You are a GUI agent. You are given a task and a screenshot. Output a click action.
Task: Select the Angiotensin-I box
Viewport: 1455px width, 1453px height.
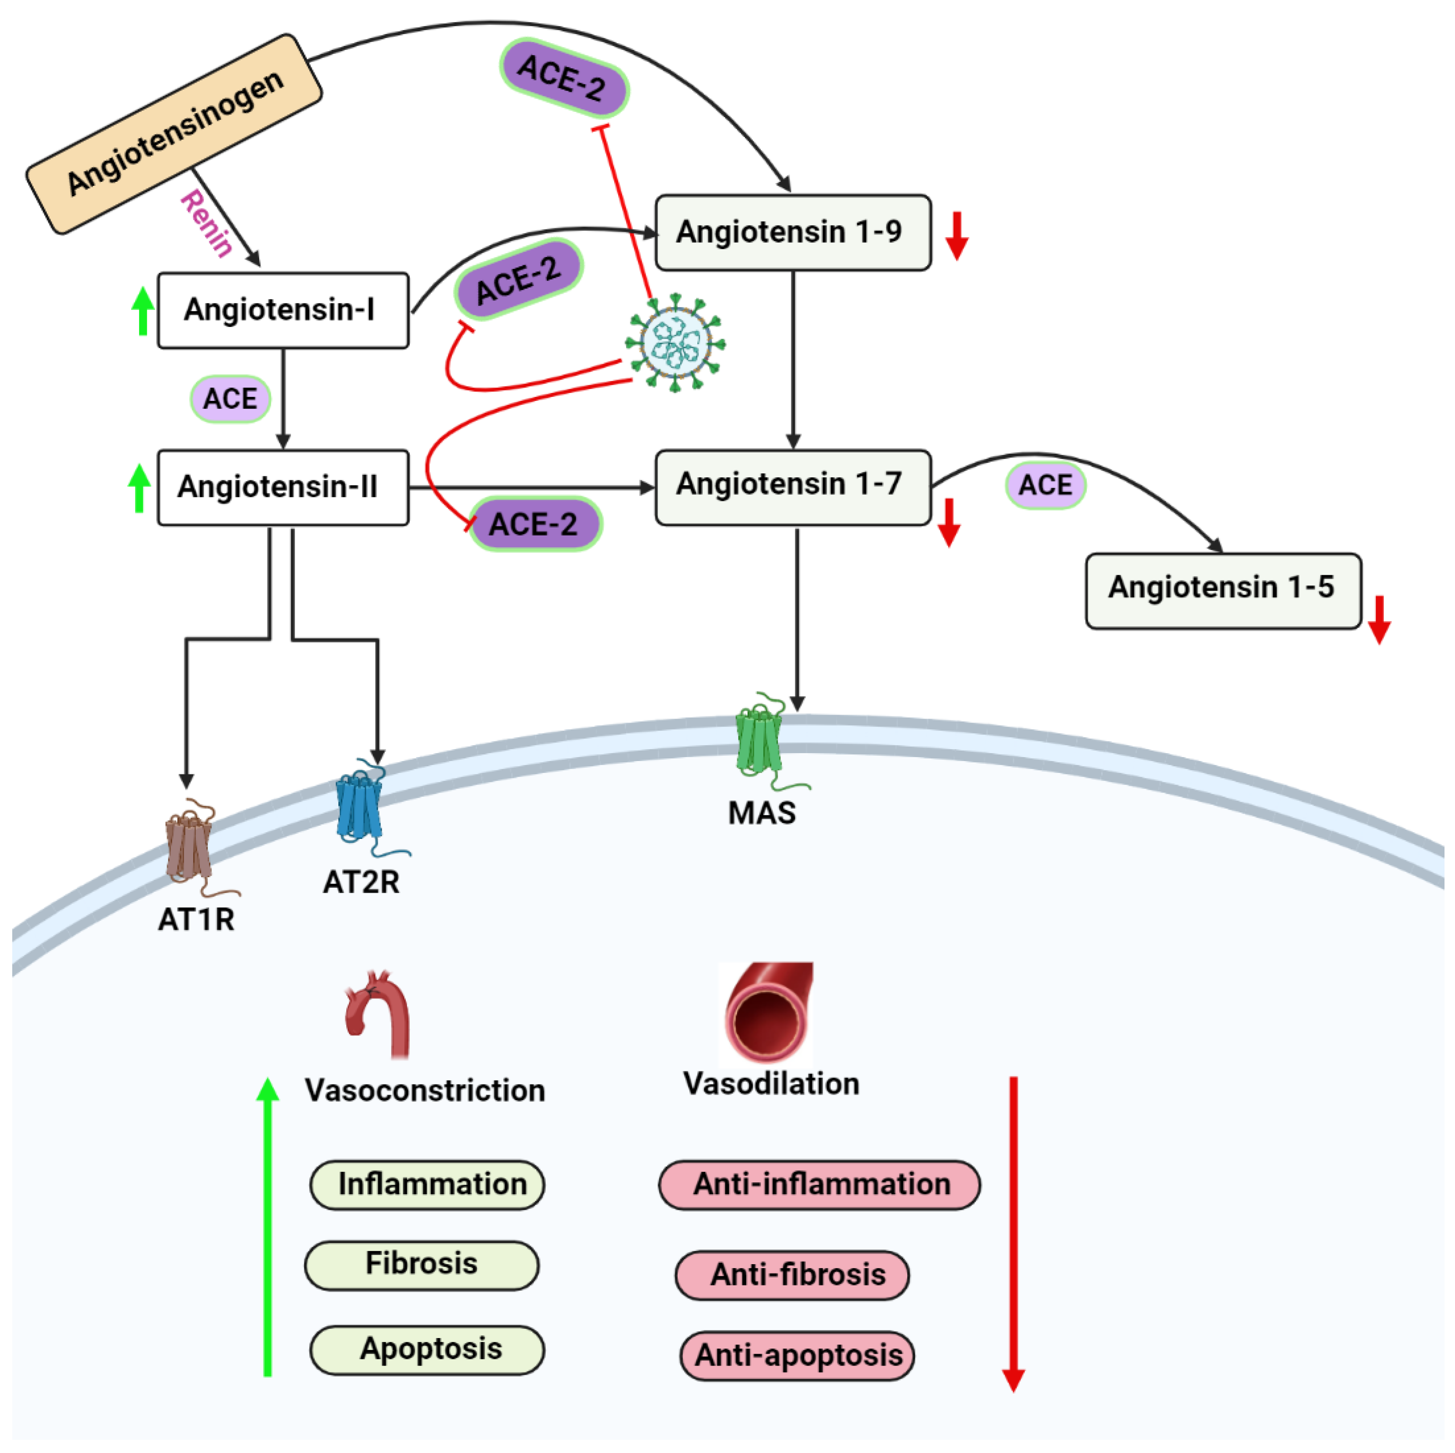pos(283,310)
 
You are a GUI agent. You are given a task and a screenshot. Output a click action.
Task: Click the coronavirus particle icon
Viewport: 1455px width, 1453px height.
pos(675,343)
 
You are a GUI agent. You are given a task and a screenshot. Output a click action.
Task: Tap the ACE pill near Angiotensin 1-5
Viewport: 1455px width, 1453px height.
pos(1045,486)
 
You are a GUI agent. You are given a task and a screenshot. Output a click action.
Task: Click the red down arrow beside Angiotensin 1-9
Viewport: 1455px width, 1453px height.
pos(957,236)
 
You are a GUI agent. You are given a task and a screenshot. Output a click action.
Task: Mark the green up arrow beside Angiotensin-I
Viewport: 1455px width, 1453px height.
pos(143,311)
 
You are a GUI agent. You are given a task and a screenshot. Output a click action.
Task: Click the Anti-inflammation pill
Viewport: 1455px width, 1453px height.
pos(819,1185)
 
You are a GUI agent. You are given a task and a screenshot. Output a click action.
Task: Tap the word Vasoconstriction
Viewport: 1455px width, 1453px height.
pos(425,1090)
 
